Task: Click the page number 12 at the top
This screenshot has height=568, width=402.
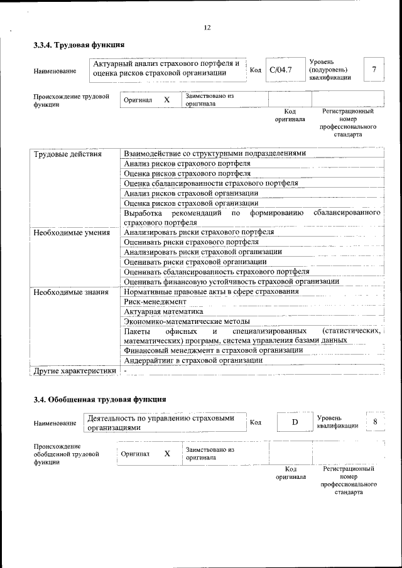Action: click(x=207, y=27)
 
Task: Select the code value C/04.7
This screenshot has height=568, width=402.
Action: click(x=280, y=70)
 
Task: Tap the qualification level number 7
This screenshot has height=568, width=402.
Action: click(x=374, y=69)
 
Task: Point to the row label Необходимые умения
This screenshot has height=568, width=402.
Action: click(x=72, y=233)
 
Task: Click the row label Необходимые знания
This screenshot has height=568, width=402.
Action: click(x=70, y=292)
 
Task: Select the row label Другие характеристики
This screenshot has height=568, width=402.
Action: click(x=75, y=371)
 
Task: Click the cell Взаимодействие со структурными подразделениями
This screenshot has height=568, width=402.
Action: click(x=215, y=154)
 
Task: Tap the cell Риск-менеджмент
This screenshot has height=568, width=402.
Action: click(x=155, y=301)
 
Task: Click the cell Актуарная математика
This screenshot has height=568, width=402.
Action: click(x=163, y=311)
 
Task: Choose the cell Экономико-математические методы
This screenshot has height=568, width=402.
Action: click(x=187, y=321)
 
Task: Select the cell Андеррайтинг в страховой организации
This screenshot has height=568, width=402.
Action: click(x=193, y=360)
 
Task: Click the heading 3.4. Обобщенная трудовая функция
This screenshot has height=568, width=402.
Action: click(x=99, y=399)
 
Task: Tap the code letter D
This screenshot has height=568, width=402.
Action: click(x=295, y=422)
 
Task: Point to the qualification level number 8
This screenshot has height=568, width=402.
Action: click(x=375, y=421)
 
